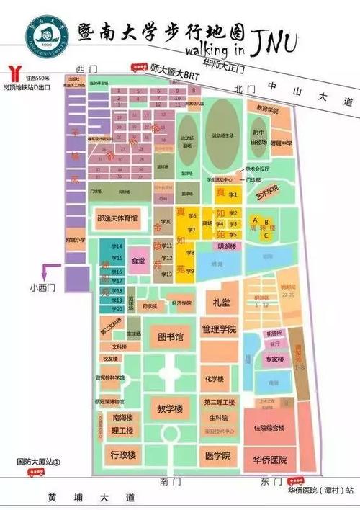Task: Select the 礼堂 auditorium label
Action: (x=221, y=303)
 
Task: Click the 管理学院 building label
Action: (x=219, y=330)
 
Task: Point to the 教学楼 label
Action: (x=171, y=408)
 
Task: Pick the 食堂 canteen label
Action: (x=138, y=261)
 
